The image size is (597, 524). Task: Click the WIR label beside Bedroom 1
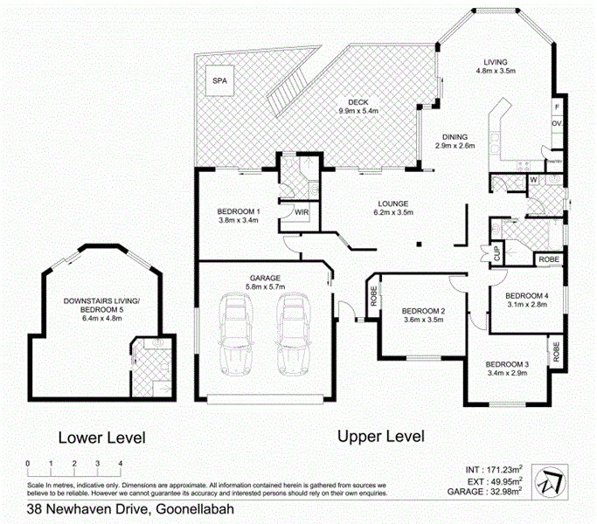pos(302,211)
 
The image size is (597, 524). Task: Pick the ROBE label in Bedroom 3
pos(556,352)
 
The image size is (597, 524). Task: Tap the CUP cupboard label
pos(496,256)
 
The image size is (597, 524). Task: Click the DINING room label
pos(454,136)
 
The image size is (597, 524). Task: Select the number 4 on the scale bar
pos(120,464)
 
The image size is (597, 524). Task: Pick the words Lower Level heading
pos(101,437)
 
